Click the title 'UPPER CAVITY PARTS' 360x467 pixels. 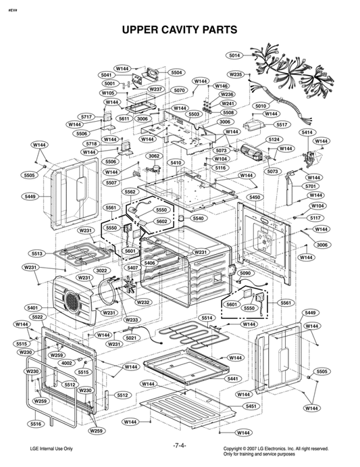(x=179, y=30)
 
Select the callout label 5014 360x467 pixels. (x=235, y=55)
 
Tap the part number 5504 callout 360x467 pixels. (x=177, y=72)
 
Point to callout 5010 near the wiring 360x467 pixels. (x=261, y=106)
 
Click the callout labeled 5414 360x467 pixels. (x=307, y=132)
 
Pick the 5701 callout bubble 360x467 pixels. (x=311, y=186)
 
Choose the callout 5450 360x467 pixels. (x=255, y=197)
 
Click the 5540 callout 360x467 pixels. (x=198, y=218)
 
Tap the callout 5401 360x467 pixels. (x=32, y=308)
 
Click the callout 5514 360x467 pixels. (x=207, y=318)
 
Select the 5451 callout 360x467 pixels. (x=251, y=406)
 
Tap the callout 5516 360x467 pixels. (x=35, y=424)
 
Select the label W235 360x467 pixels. (x=235, y=74)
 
